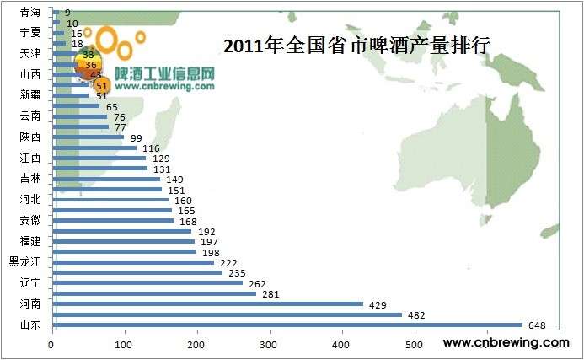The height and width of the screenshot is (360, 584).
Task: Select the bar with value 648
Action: click(x=287, y=325)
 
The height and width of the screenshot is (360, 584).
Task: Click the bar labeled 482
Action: click(x=228, y=314)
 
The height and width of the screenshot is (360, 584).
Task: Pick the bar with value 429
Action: click(x=207, y=304)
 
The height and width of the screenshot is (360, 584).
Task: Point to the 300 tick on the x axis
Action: click(x=270, y=344)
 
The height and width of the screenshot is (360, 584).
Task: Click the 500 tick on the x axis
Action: click(x=414, y=344)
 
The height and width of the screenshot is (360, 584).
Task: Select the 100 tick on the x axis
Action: click(x=125, y=344)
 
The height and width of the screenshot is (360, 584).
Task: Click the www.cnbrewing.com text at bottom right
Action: click(x=506, y=343)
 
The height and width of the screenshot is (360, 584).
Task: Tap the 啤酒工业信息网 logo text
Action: click(x=164, y=73)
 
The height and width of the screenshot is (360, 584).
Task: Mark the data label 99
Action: click(x=135, y=137)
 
